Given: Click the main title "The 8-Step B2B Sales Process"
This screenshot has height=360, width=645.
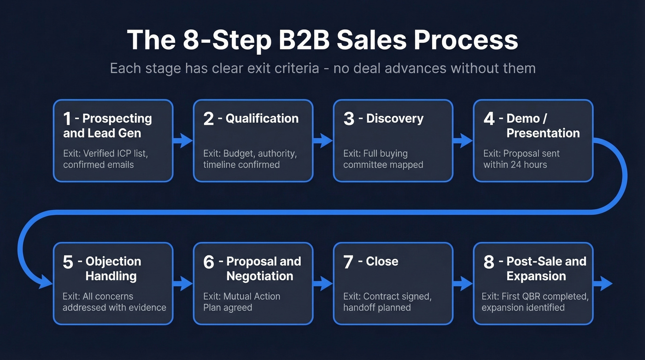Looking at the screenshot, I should [x=322, y=40].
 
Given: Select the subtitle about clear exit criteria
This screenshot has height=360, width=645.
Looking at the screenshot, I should [x=322, y=69].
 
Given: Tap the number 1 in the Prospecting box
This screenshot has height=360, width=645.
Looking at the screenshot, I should [x=67, y=119].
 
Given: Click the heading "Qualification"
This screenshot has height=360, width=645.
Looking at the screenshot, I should [x=262, y=118].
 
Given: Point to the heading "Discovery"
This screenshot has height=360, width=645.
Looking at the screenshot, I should [x=394, y=118].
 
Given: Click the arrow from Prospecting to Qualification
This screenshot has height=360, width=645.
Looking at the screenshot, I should [x=183, y=140].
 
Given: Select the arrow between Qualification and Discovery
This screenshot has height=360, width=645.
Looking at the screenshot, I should [x=323, y=140].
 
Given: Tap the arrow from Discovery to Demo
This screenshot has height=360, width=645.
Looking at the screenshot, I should [x=463, y=140].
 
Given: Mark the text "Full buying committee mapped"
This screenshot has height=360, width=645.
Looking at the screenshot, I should [x=383, y=159].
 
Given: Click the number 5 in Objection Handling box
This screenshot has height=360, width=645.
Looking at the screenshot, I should [x=68, y=262].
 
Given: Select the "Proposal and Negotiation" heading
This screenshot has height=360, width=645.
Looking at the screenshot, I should [x=263, y=269].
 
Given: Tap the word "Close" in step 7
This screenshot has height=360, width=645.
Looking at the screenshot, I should [x=382, y=261].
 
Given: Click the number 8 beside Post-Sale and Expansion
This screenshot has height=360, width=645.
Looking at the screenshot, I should [x=489, y=262].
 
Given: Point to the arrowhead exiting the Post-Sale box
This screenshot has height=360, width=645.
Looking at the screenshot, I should [x=604, y=283].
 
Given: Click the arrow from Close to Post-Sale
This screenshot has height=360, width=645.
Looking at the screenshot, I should [x=463, y=283].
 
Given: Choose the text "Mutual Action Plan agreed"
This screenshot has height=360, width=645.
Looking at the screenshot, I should [x=241, y=302].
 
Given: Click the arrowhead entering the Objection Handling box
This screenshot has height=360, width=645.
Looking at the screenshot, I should [x=46, y=281].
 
